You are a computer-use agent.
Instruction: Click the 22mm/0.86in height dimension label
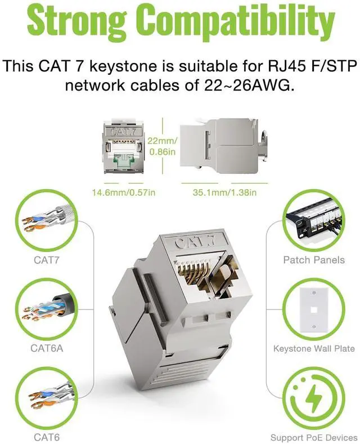(163, 146)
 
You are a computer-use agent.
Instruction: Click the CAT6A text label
(47, 348)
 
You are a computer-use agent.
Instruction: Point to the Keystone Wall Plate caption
(314, 348)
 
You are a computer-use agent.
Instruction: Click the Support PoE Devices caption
(314, 437)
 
